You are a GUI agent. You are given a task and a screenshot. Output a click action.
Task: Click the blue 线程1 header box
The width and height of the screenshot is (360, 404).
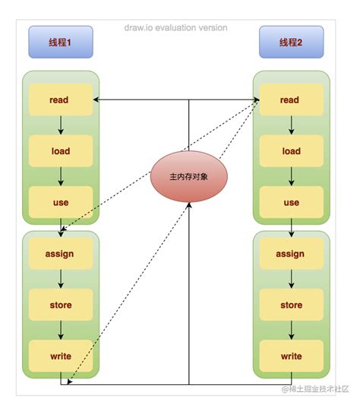pyautogui.click(x=60, y=43)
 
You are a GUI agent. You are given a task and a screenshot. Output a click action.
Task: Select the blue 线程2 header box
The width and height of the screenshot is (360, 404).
pyautogui.click(x=291, y=43)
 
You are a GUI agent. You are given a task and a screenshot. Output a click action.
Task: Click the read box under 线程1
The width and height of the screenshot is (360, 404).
pyautogui.click(x=60, y=99)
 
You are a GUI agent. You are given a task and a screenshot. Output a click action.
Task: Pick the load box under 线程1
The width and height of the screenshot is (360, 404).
pyautogui.click(x=60, y=151)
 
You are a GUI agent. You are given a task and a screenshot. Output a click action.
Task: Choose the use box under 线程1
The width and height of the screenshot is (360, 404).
pyautogui.click(x=60, y=203)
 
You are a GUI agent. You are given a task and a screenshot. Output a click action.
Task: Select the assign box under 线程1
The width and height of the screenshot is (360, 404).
pyautogui.click(x=60, y=254)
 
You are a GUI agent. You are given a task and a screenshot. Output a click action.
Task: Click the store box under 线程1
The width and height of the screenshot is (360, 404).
pyautogui.click(x=60, y=305)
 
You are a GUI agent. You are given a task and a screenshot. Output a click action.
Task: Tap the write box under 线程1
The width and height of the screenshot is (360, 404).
pyautogui.click(x=60, y=356)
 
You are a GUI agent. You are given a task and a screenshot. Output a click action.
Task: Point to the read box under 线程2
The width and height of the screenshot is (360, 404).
pyautogui.click(x=291, y=99)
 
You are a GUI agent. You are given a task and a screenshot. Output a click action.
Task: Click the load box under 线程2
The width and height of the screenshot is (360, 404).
pyautogui.click(x=291, y=151)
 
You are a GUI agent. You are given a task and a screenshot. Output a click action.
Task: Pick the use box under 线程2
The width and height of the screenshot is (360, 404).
pyautogui.click(x=291, y=203)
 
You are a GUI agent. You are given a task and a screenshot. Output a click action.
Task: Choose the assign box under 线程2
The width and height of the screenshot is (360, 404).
pyautogui.click(x=291, y=254)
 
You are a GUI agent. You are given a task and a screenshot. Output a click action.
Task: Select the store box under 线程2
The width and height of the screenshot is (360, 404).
pyautogui.click(x=291, y=305)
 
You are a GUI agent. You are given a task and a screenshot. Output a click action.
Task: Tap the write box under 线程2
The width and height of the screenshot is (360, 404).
pyautogui.click(x=291, y=356)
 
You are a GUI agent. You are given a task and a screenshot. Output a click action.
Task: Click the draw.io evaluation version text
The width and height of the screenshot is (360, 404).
pyautogui.click(x=175, y=28)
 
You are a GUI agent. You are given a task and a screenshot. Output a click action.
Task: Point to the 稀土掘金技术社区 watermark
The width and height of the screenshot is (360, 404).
pyautogui.click(x=316, y=389)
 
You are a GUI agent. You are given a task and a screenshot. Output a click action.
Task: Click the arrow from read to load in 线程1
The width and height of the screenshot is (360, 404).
pyautogui.click(x=60, y=125)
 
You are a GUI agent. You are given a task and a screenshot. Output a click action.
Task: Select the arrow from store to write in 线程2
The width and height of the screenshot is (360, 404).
pyautogui.click(x=291, y=330)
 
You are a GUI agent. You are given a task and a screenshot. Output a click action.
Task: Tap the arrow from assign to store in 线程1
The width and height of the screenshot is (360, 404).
pyautogui.click(x=60, y=279)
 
